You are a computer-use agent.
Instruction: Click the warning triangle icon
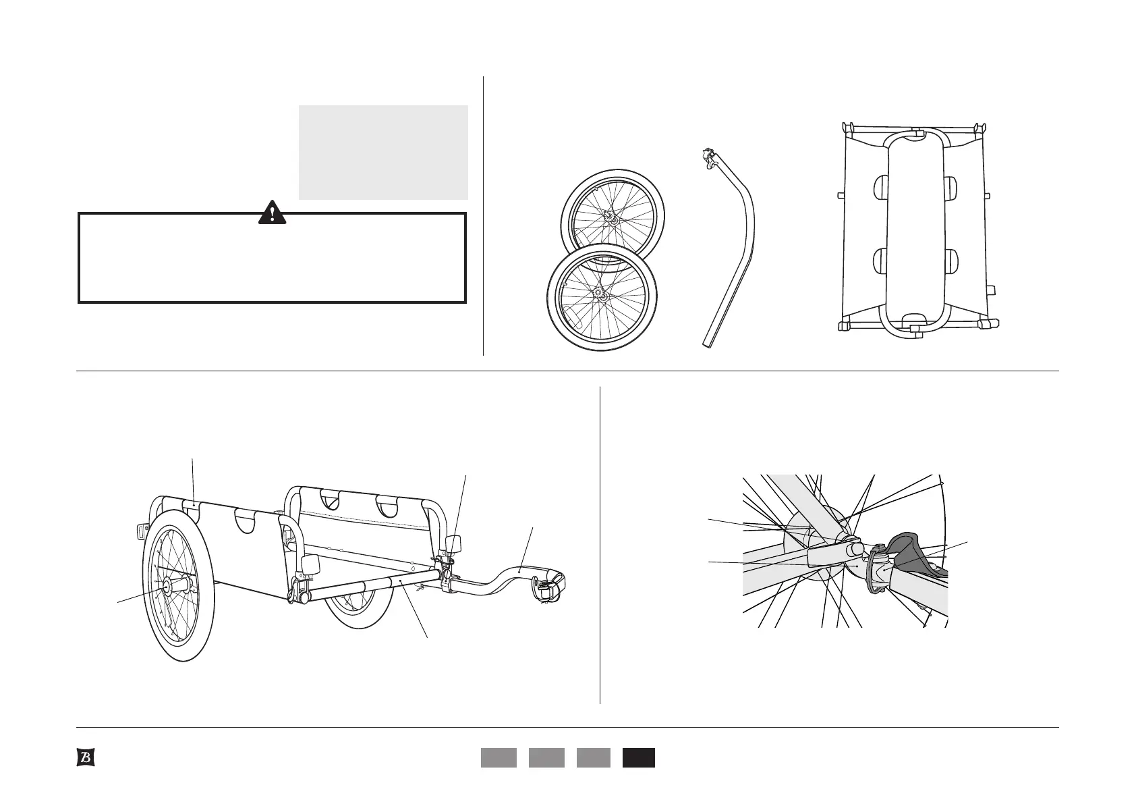click(272, 212)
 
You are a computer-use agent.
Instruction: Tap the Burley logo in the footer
click(84, 757)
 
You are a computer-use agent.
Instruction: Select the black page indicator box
click(638, 757)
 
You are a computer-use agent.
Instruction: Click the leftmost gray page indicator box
click(499, 757)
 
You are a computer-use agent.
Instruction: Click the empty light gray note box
click(383, 152)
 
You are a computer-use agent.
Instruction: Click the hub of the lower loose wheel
click(598, 294)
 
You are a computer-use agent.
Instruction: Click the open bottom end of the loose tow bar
click(708, 343)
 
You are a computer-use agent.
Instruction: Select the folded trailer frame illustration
click(914, 226)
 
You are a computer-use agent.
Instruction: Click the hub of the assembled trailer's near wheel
click(165, 583)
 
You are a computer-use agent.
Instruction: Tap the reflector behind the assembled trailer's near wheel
click(142, 529)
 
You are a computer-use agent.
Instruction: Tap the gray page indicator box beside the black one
click(594, 757)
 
